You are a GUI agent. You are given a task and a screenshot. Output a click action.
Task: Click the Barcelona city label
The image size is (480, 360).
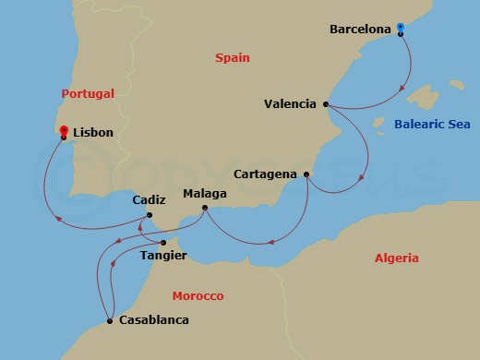click(x=361, y=30)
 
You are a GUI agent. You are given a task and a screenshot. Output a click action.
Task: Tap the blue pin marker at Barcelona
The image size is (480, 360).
click(x=401, y=29)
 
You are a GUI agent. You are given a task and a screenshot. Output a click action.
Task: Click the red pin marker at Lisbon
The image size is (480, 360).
click(x=63, y=133)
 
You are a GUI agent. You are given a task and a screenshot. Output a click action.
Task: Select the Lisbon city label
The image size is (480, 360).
click(x=92, y=133)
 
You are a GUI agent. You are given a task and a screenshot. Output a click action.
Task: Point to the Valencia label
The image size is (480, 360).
click(x=290, y=104)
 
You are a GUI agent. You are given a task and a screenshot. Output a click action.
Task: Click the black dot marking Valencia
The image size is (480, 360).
click(x=326, y=104)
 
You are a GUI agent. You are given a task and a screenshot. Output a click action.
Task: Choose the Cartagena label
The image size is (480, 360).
click(x=266, y=174)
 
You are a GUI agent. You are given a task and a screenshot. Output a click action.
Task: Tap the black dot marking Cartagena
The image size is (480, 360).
click(x=306, y=173)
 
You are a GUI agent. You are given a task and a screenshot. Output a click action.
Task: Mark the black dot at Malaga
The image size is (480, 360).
click(x=204, y=207)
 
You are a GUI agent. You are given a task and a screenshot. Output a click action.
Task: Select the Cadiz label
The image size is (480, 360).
click(x=149, y=199)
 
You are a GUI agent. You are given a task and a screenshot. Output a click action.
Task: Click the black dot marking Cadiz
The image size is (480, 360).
click(x=152, y=214)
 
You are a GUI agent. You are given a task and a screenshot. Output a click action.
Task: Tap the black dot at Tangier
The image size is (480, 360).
click(x=163, y=243)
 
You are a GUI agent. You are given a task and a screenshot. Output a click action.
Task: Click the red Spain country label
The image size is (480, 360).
click(x=233, y=57)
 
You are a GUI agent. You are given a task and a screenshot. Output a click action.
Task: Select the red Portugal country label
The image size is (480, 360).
click(x=88, y=93)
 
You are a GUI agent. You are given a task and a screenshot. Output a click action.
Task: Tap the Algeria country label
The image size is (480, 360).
click(x=396, y=258)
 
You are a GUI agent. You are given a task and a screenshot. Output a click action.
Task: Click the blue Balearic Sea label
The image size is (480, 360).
click(x=432, y=123)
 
